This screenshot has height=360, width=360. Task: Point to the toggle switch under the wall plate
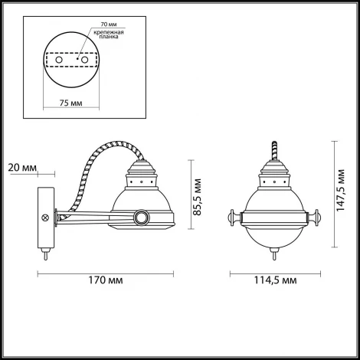point(45,254)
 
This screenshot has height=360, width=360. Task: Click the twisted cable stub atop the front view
point(272,147)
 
